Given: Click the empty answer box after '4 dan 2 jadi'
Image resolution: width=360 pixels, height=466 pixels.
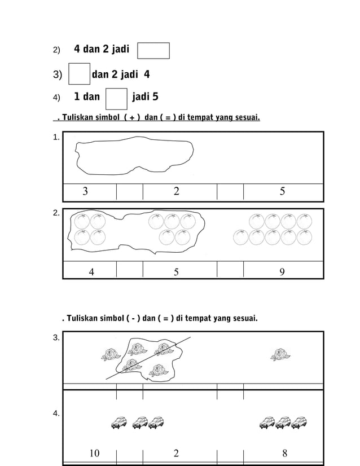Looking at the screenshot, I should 153,50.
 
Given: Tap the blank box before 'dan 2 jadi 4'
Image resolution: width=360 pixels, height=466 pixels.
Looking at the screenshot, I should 79,74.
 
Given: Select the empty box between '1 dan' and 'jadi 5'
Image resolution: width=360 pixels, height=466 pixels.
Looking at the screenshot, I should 116,98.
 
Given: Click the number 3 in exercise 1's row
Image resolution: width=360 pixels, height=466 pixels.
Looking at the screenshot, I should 85,192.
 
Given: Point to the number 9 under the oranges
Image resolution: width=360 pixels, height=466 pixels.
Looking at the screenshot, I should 282,272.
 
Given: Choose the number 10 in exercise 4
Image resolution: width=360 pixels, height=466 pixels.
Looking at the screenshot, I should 94,453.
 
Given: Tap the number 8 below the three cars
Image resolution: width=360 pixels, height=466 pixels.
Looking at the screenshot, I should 284,453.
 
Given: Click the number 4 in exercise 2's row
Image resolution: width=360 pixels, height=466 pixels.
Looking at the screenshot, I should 91,272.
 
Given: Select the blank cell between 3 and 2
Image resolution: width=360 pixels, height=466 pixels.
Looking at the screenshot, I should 129,192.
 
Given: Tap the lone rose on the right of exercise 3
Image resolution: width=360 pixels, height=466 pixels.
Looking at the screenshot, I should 279,355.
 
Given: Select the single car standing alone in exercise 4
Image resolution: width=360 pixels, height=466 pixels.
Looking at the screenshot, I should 119,422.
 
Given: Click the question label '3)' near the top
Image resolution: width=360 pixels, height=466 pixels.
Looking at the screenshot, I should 58,74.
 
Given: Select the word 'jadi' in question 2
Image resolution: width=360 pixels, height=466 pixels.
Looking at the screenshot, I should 118,49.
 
